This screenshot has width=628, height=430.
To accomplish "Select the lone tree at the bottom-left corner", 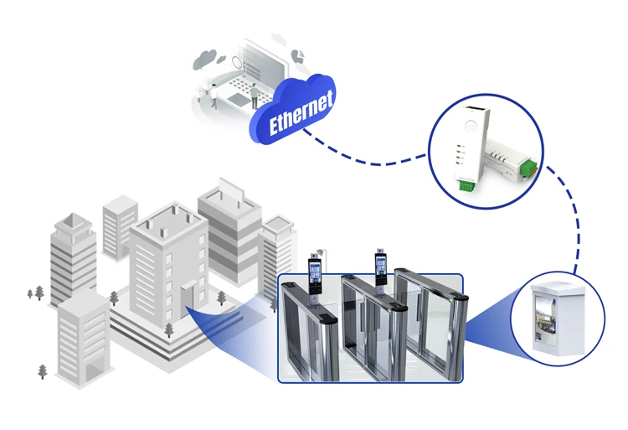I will click(x=43, y=370).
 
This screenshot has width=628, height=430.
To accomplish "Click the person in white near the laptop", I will click(x=214, y=96).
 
